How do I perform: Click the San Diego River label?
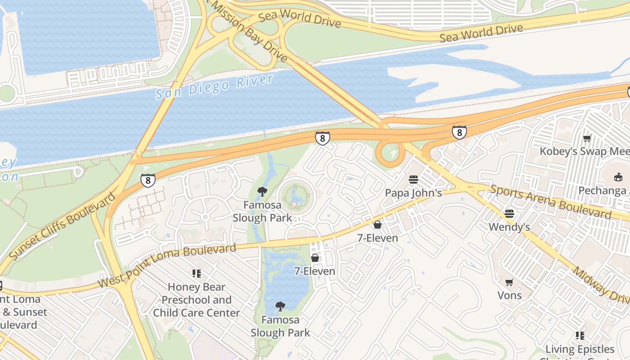tap(215, 87)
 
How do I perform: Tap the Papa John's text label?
tap(413, 193)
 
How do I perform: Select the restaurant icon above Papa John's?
tap(414, 180)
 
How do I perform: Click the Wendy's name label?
tap(509, 227)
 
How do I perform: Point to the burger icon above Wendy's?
tap(509, 213)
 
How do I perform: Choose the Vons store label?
tap(509, 295)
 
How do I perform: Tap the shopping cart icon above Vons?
tap(509, 282)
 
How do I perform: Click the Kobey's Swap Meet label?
tap(584, 151)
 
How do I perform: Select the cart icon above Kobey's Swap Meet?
tap(587, 138)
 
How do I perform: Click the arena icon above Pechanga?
tap(618, 177)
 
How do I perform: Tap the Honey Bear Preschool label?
tap(197, 300)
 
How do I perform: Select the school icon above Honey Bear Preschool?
tap(197, 273)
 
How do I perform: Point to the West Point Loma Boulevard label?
tap(167, 265)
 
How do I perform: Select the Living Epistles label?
tap(580, 349)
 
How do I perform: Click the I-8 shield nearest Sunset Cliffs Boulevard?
tap(148, 180)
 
